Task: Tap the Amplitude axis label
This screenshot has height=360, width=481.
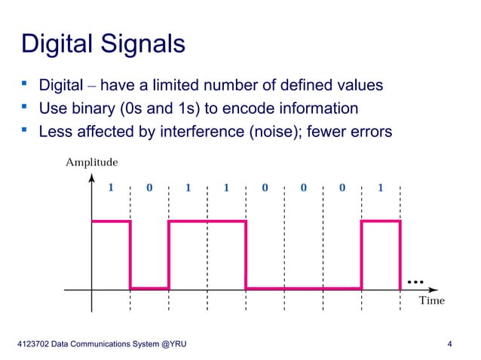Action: point(91,161)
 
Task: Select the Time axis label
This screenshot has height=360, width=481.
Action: point(431,301)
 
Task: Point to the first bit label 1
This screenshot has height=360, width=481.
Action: point(111,188)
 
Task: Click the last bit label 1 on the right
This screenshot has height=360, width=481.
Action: point(381,188)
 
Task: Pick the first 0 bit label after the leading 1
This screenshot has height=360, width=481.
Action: point(149,188)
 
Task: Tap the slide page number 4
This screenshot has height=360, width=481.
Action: point(449,345)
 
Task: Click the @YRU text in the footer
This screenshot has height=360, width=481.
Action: point(173,345)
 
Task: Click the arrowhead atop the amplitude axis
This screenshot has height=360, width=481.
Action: point(92,178)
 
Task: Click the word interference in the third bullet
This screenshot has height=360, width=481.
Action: point(202,132)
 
